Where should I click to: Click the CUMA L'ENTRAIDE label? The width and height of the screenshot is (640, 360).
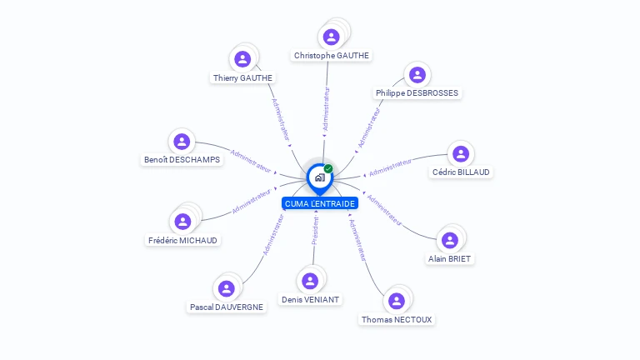[x=320, y=203]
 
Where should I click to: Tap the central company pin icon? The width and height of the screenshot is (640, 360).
[x=319, y=177]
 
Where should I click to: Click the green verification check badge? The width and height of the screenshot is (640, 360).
[x=328, y=169]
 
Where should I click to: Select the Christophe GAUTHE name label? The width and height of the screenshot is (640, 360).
[x=331, y=56]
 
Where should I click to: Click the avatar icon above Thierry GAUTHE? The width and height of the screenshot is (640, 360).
[x=242, y=58]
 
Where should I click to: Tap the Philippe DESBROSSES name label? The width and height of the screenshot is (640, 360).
[x=417, y=93]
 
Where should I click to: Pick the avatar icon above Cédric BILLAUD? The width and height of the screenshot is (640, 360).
[x=460, y=153]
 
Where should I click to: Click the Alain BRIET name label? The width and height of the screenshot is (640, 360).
[x=450, y=259]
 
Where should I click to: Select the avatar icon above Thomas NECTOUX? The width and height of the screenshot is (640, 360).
[x=397, y=300]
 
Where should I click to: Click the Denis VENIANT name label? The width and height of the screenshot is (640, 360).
[x=311, y=299]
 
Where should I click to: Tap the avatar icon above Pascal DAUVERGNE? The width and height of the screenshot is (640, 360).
[x=226, y=288]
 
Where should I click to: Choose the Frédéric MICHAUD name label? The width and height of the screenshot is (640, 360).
[x=182, y=240]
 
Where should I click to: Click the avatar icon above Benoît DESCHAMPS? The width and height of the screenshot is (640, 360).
[x=182, y=142]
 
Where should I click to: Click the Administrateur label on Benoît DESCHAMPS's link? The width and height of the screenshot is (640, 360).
[x=251, y=161]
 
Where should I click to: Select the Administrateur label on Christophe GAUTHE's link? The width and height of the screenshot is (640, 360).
[x=326, y=109]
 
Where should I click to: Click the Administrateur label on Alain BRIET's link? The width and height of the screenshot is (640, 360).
[x=385, y=211]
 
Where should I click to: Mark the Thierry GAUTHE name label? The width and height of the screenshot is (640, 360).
[x=242, y=78]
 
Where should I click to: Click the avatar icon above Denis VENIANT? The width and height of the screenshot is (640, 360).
[x=310, y=281]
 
